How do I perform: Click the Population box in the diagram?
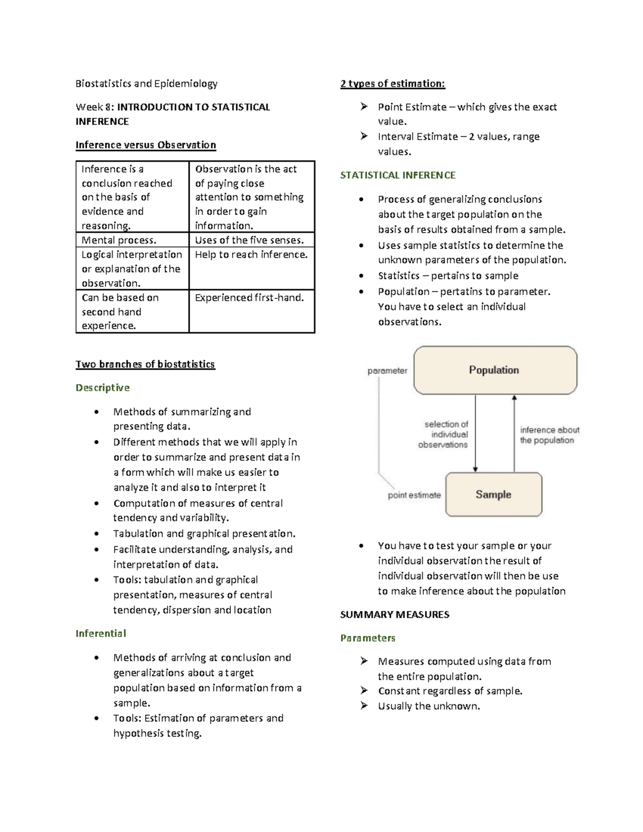(495, 370)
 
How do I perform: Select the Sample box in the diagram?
(494, 494)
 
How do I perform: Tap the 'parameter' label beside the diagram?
(387, 371)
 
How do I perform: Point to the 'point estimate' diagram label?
(414, 495)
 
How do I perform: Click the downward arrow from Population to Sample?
(475, 434)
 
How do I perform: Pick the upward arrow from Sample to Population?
(514, 434)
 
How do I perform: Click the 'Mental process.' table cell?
(119, 240)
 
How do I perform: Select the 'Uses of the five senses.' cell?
(249, 240)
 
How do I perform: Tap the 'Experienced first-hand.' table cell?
(249, 298)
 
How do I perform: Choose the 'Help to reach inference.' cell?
(251, 255)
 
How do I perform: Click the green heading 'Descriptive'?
(102, 387)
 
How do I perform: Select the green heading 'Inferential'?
(101, 633)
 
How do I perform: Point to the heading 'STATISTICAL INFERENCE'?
(398, 175)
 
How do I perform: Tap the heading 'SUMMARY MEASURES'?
(394, 614)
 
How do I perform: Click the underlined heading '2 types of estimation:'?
(392, 84)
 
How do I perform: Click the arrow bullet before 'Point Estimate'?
(364, 107)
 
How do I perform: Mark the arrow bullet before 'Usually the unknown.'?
(364, 706)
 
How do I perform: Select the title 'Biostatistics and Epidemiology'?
(146, 84)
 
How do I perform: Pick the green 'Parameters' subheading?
(368, 638)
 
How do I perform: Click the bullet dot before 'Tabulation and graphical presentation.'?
(96, 534)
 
